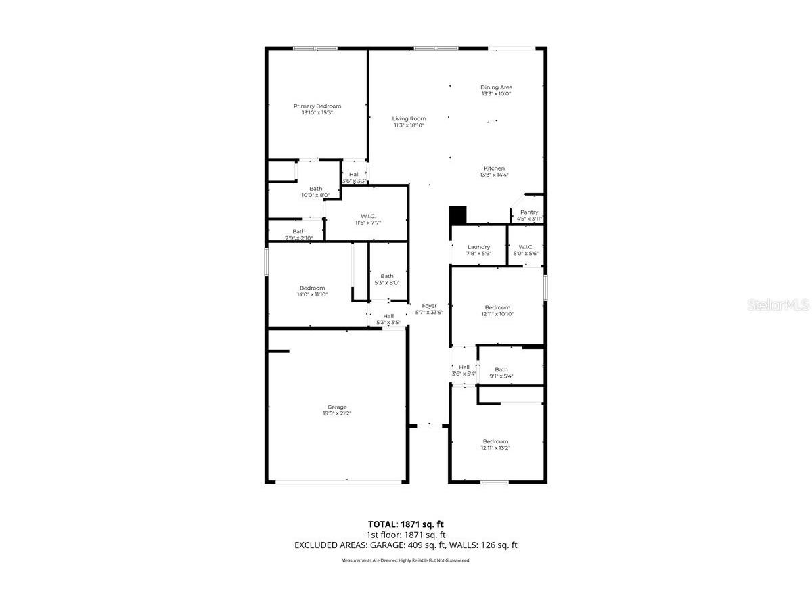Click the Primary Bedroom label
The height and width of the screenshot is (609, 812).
coord(317,106)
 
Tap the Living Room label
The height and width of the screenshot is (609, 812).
coord(409,118)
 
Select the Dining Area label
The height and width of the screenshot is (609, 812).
coord(496,87)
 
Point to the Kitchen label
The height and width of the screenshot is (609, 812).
coord(494,168)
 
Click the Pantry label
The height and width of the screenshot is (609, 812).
coord(529,212)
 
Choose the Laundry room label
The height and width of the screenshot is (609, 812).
coord(478,247)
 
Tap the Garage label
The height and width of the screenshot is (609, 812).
coord(337,407)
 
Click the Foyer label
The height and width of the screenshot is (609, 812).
coord(429,306)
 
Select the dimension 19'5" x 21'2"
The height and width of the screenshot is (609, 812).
coord(337,414)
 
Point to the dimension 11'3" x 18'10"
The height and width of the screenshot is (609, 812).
coord(409,125)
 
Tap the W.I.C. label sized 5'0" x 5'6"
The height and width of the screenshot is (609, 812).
coord(526,247)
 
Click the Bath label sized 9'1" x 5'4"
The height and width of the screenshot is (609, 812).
coord(501,369)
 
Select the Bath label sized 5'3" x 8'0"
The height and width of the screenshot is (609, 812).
coord(386,276)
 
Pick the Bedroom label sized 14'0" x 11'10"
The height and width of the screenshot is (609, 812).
coord(312,288)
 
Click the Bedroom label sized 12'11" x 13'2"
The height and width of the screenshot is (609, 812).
coord(495,441)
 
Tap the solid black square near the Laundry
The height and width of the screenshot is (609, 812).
coord(458,215)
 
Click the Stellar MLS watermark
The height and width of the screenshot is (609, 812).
coord(777,306)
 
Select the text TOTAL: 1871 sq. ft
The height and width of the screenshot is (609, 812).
coord(405,524)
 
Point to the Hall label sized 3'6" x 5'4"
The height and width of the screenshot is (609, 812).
coord(464,367)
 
